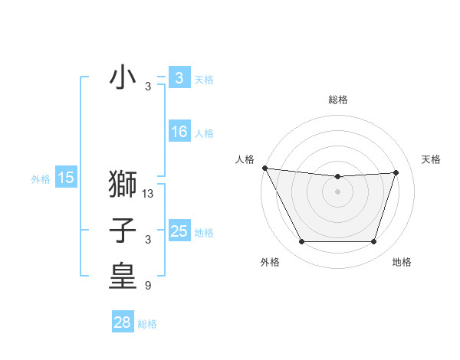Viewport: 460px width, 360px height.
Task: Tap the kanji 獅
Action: click(x=123, y=185)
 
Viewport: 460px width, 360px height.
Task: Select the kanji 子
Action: click(x=123, y=231)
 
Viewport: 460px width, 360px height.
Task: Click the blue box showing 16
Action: click(x=179, y=132)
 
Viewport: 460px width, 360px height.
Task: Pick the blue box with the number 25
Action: click(x=179, y=231)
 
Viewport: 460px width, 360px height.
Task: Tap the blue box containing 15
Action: click(x=65, y=178)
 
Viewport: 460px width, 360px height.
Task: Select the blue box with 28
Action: click(x=123, y=322)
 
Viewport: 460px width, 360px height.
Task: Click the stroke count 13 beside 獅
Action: click(x=148, y=195)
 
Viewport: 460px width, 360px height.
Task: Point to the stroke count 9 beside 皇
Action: click(x=147, y=286)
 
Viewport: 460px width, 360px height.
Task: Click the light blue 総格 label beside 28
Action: click(x=147, y=324)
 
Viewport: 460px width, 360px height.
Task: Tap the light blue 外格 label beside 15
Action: click(x=41, y=179)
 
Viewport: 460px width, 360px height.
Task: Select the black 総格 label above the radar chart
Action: click(x=338, y=100)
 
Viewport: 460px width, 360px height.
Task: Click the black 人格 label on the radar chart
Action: click(x=245, y=159)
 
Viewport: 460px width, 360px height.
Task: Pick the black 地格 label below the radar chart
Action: click(x=402, y=263)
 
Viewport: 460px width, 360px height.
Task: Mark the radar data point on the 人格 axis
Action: click(x=264, y=168)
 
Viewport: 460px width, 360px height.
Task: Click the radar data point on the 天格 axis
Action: click(x=396, y=172)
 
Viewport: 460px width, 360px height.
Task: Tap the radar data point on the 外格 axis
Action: click(x=301, y=242)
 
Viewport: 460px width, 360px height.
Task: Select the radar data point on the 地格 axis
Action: click(x=374, y=242)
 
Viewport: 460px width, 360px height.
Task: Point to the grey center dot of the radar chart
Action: click(x=338, y=191)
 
